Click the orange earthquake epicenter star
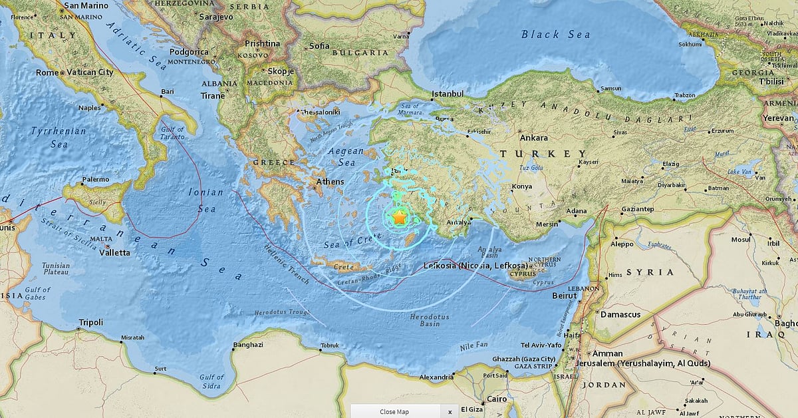coord(399,217)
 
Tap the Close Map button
coord(394,411)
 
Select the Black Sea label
coord(555,35)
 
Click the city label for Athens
coord(330,182)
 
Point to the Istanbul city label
coord(447,95)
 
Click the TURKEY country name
coord(543,154)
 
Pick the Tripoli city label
coord(91,322)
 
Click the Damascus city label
coord(620,314)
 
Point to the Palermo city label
coord(95,180)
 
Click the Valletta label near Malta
coord(114,253)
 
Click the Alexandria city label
coord(436,377)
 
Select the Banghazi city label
coord(248,345)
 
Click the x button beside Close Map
coord(450,411)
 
